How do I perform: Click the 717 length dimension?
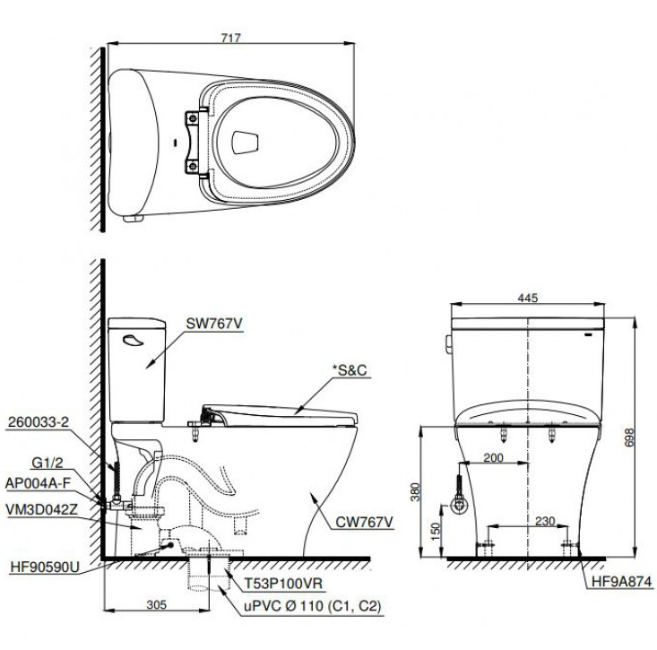(x=229, y=37)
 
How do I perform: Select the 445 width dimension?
(x=527, y=299)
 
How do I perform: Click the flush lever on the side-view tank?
(x=132, y=340)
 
